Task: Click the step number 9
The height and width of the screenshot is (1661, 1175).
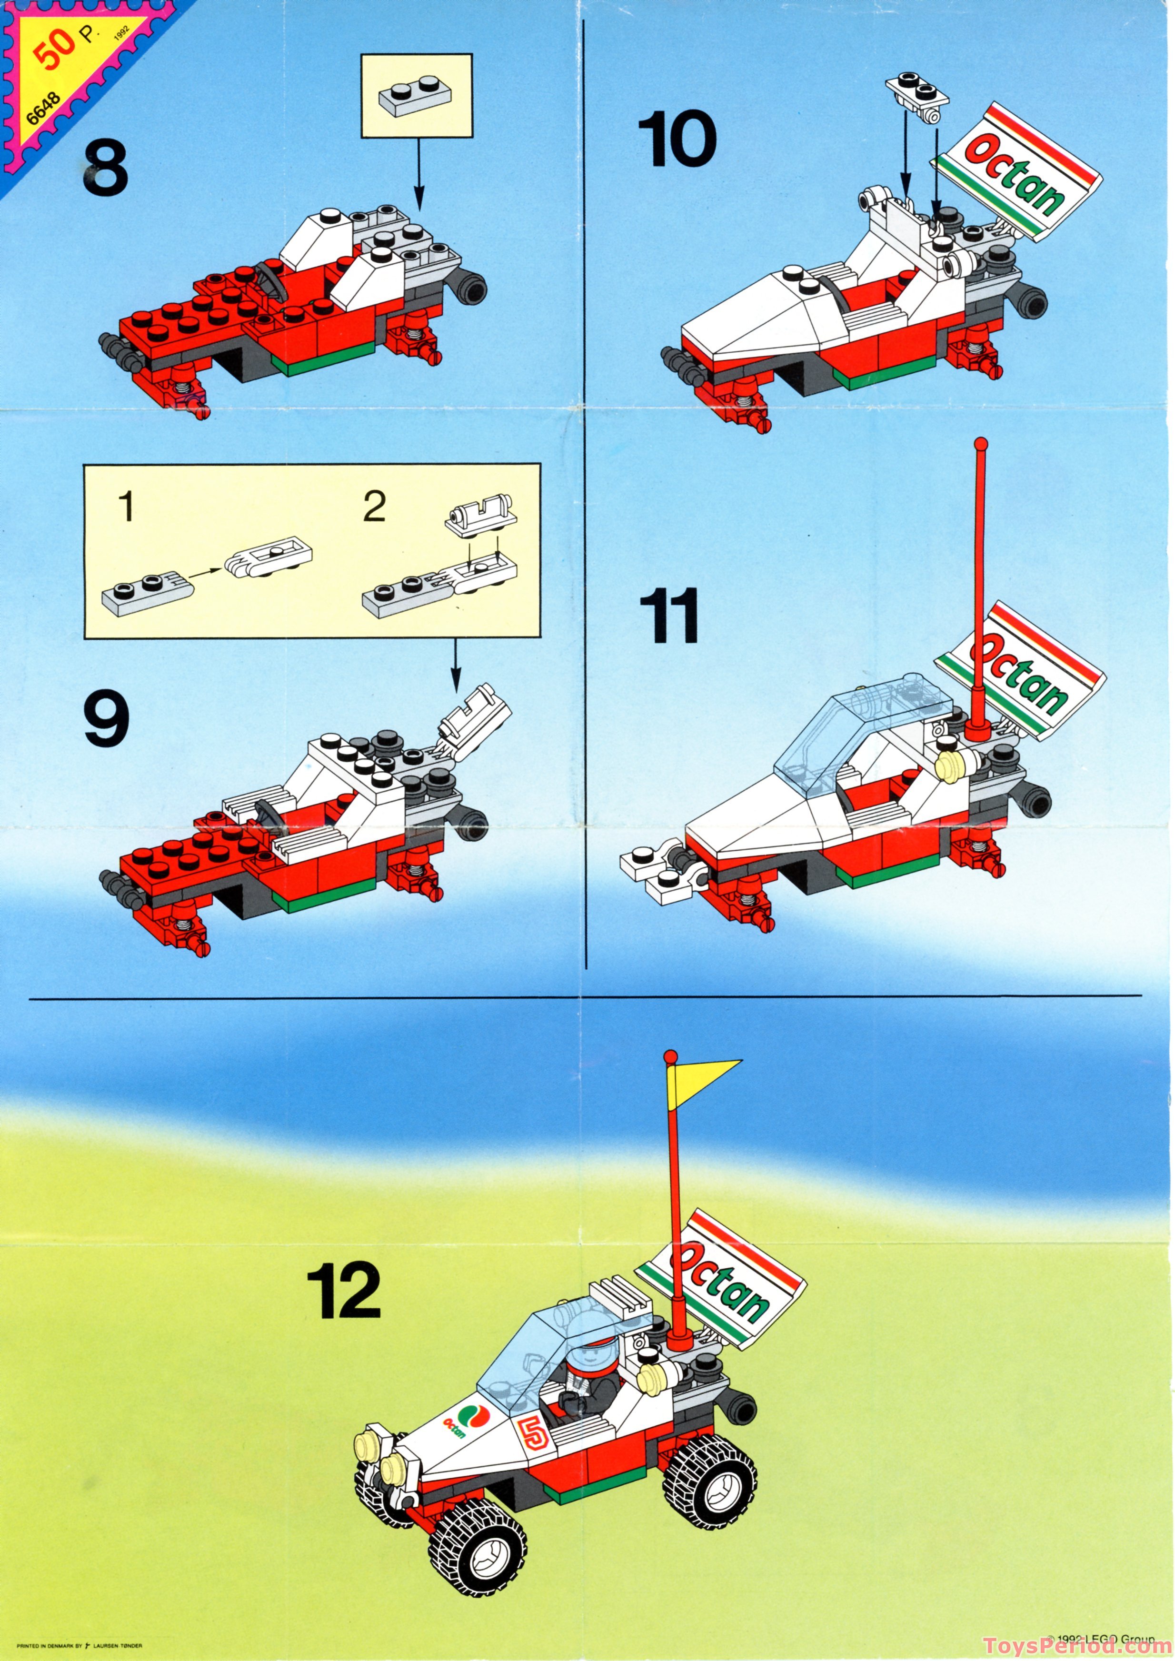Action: click(x=106, y=718)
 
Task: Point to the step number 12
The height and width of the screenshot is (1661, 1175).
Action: click(x=344, y=1291)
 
